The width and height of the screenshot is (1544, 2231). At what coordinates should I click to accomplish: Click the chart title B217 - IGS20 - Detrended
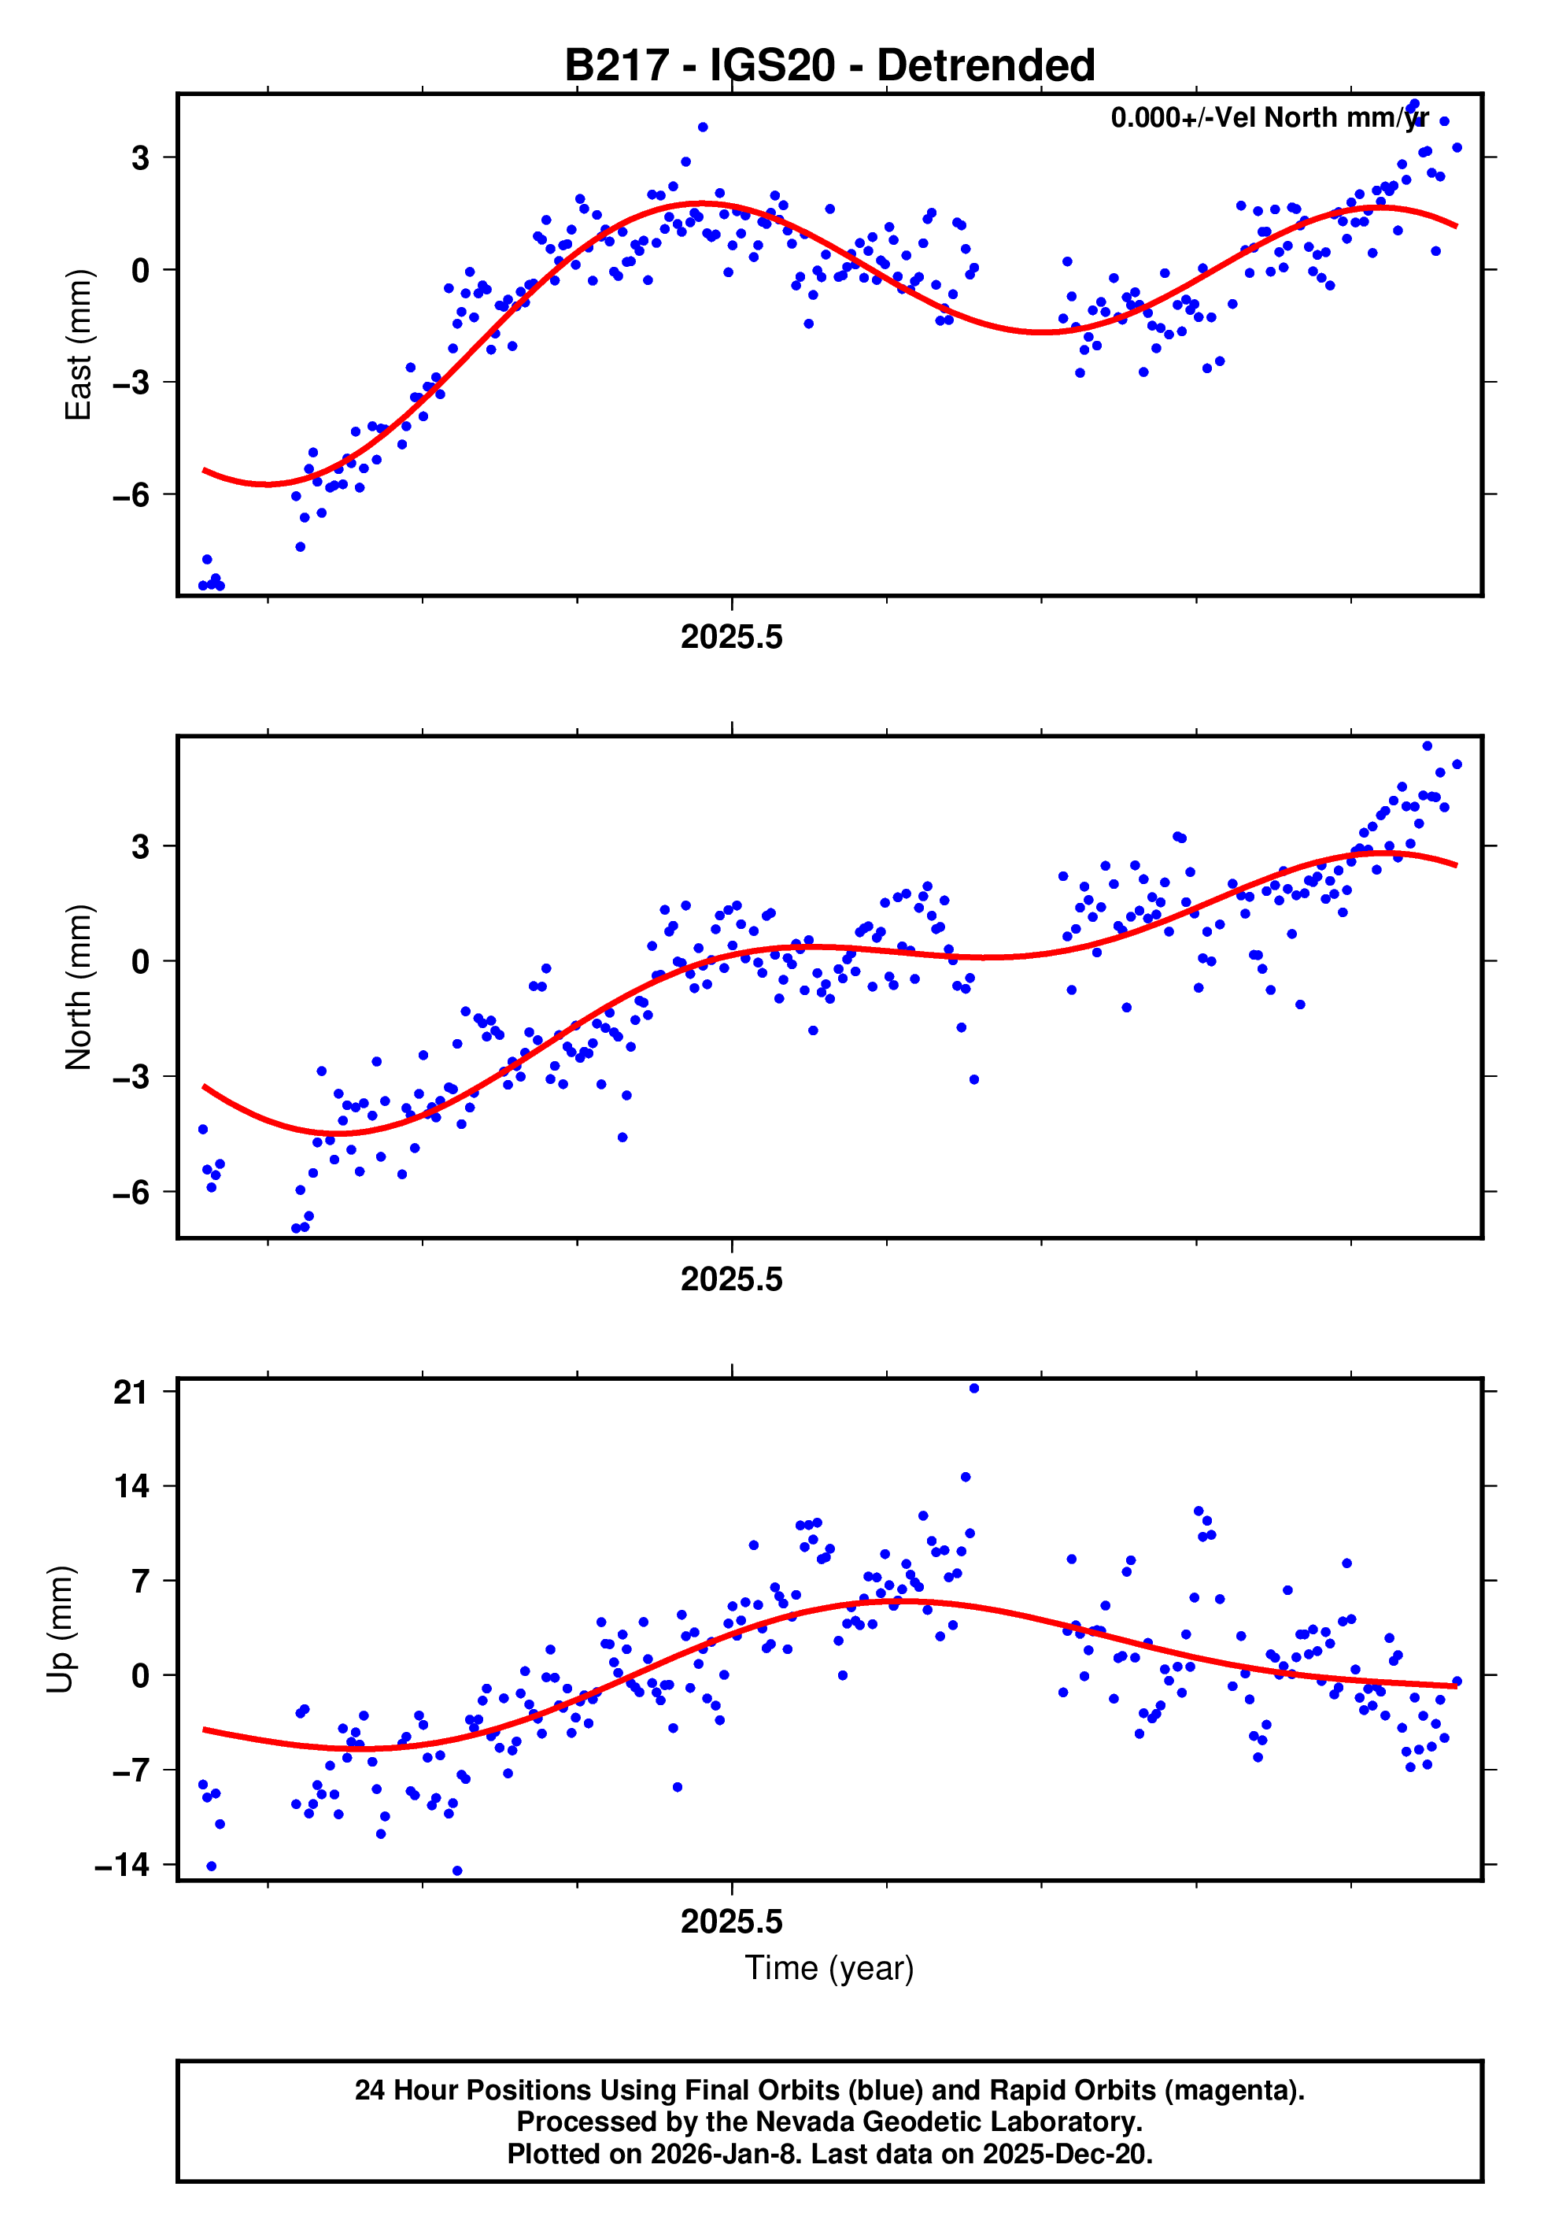(x=829, y=66)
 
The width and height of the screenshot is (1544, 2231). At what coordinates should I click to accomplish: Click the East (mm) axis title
(x=77, y=346)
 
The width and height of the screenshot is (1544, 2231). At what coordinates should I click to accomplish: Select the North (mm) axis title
(x=77, y=988)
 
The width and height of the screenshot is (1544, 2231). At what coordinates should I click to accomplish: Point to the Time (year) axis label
(x=829, y=1969)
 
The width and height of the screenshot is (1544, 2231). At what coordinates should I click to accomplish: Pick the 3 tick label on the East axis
(x=140, y=157)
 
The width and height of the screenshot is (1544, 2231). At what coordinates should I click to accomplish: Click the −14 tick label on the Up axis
(x=122, y=1865)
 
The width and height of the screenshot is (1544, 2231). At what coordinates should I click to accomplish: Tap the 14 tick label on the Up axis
(x=131, y=1487)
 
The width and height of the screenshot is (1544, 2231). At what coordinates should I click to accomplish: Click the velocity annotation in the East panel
(x=1269, y=118)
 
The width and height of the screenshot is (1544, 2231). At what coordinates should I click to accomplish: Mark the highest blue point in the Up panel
(x=974, y=1389)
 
